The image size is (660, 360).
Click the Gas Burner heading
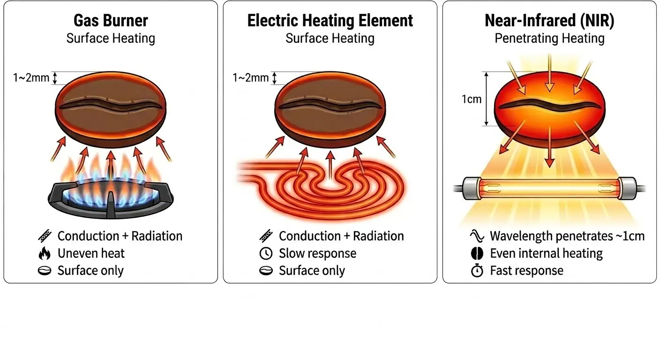111,21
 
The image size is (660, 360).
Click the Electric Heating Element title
330,21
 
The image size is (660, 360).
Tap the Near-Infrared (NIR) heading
549,21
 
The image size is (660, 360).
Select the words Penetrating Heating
549,38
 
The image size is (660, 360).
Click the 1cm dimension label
472,99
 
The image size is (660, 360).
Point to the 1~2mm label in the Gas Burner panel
31,78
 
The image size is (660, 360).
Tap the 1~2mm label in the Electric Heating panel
250,78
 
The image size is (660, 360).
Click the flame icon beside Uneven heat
45,253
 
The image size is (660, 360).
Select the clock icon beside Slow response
266,253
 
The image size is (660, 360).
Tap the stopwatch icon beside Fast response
477,271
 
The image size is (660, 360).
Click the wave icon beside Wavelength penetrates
477,236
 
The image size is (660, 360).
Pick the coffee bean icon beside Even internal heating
477,253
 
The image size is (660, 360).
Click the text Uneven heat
91,253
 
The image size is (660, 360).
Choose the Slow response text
318,253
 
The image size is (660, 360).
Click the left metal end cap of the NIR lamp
471,188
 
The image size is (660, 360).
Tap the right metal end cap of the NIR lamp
628,188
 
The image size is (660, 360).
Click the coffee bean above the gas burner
111,109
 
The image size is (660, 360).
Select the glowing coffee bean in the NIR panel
549,109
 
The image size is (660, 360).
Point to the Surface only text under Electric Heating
312,271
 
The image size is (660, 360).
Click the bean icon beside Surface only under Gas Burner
45,271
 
